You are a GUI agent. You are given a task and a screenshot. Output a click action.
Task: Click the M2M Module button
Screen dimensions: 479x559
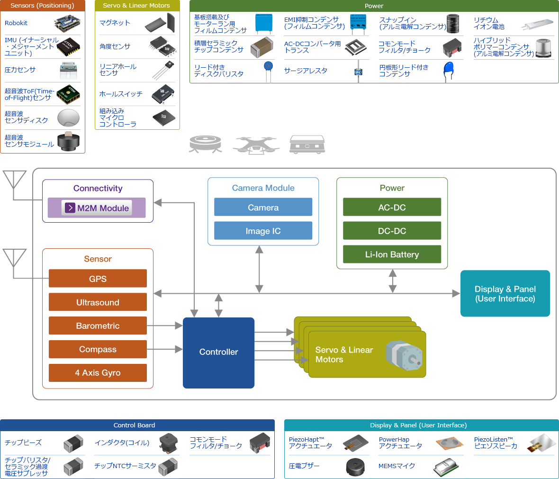point(97,208)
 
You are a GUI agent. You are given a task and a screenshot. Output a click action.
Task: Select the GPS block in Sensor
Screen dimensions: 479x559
point(98,279)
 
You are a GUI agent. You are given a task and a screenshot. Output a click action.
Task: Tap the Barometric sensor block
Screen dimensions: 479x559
point(98,325)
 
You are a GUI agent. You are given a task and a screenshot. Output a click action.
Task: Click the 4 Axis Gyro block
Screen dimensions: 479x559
point(98,373)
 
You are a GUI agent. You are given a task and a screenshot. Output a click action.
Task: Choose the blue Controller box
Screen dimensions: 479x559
point(218,352)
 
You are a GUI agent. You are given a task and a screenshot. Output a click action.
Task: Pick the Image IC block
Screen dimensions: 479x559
point(263,231)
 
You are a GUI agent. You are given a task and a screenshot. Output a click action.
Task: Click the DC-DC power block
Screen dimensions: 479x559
point(392,231)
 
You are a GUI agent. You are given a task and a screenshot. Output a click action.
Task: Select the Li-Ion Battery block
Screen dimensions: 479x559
point(392,254)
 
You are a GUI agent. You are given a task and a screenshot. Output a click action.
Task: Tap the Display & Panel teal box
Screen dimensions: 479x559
point(505,294)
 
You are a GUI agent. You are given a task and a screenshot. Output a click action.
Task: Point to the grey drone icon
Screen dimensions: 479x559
point(256,145)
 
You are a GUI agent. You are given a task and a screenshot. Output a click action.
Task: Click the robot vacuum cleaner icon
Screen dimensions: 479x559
point(205,144)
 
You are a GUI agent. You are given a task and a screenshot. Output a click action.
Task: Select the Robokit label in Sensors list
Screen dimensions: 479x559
point(16,23)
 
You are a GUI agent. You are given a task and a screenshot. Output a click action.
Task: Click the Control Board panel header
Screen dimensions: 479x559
point(137,425)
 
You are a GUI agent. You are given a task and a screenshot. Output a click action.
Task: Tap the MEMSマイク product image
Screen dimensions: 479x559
point(445,467)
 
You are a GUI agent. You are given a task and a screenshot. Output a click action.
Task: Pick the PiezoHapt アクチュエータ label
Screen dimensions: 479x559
point(310,443)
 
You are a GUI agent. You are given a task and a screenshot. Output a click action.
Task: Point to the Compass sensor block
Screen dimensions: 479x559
point(98,349)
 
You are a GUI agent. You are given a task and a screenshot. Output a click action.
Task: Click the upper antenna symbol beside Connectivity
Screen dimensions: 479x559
point(14,180)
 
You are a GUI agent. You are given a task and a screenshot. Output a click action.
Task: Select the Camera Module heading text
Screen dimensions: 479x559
point(263,188)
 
